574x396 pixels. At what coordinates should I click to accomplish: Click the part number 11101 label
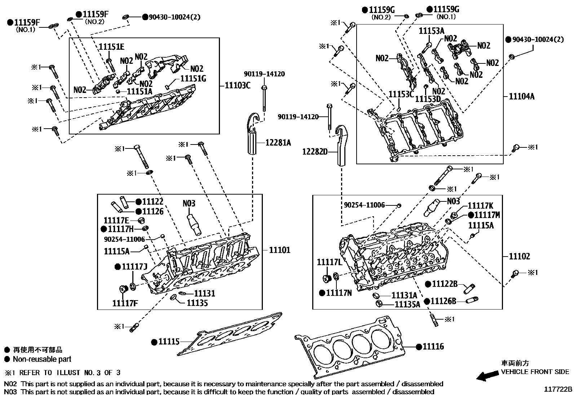[x=279, y=250]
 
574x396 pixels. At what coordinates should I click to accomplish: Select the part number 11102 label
[x=519, y=257]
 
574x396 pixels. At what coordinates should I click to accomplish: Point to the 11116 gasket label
[x=433, y=347]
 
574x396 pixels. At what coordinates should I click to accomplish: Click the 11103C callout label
[x=237, y=85]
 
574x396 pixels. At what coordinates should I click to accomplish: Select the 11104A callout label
[x=521, y=96]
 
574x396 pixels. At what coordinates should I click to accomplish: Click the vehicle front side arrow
[x=487, y=377]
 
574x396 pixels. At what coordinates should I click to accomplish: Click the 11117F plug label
[x=125, y=303]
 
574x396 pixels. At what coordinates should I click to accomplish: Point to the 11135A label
[x=407, y=304]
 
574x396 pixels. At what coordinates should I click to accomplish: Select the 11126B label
[x=443, y=301]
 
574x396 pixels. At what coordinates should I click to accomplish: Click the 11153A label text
[x=431, y=31]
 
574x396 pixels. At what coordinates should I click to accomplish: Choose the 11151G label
[x=193, y=78]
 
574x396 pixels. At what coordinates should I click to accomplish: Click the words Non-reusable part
[x=42, y=359]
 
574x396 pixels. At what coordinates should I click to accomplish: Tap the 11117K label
[x=480, y=206]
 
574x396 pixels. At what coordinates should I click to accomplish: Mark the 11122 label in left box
[x=153, y=202]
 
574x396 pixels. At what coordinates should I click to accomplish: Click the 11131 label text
[x=204, y=294]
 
